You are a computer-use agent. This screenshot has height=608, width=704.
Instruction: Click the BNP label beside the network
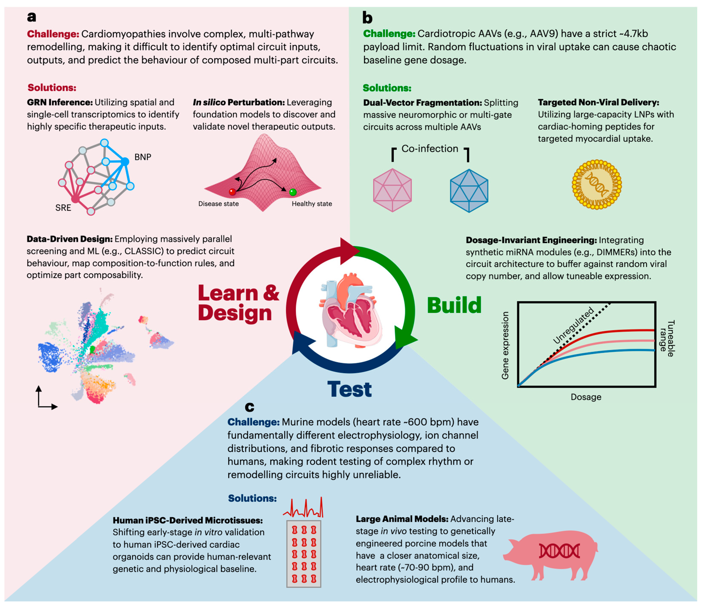(143, 157)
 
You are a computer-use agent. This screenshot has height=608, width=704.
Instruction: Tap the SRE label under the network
(63, 208)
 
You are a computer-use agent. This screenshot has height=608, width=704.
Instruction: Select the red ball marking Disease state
(232, 192)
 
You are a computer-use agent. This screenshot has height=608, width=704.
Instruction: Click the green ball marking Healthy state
(293, 192)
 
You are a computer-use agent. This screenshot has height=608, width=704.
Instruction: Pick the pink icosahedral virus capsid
(392, 190)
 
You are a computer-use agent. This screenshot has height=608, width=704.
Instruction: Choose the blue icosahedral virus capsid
(469, 191)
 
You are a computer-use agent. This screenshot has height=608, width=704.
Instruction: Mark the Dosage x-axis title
(586, 397)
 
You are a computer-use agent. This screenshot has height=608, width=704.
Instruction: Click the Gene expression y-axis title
(505, 345)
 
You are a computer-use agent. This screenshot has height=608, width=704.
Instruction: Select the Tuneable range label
(667, 338)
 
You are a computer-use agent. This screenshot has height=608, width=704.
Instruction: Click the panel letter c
(249, 407)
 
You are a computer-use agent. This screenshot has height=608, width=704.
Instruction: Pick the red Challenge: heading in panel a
(53, 34)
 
